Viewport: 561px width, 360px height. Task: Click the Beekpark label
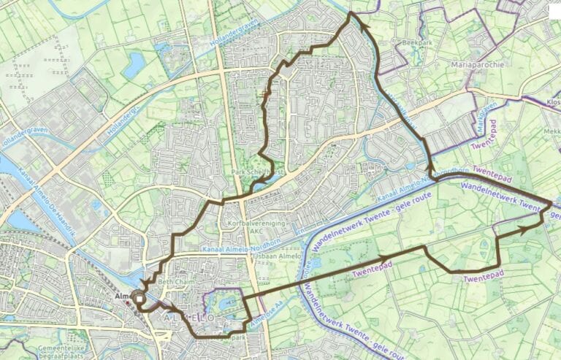coord(419,44)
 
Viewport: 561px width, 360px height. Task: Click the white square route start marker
coord(139,297)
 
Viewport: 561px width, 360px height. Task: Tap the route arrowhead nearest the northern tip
coord(362,28)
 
